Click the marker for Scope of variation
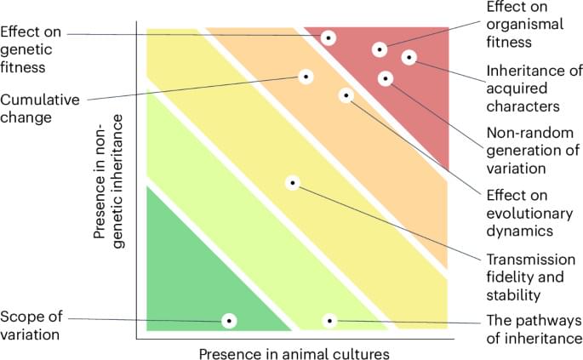pos(229,320)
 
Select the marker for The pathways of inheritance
pos(329,320)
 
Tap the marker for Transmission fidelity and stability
pos(293,182)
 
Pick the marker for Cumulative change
pos(306,76)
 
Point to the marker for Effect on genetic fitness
pos(329,37)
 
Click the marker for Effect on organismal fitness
pos(380,49)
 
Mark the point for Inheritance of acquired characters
pos(409,58)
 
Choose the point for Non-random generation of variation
pos(386,78)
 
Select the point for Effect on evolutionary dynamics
pos(346,95)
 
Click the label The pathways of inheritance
pos(533,329)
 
